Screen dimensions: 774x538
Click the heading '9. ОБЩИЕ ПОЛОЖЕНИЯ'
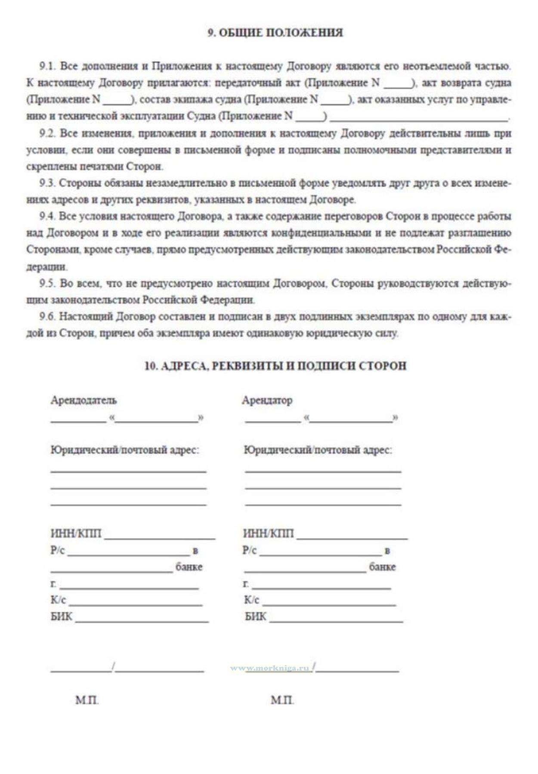point(275,33)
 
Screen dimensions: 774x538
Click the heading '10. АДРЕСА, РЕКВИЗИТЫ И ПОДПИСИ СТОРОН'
point(275,366)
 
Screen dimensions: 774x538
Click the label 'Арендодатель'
point(83,400)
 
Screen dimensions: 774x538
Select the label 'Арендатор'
point(267,400)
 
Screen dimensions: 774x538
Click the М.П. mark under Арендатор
point(282,700)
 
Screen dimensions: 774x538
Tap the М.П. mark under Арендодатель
point(87,700)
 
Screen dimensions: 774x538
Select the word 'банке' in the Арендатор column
point(382,567)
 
